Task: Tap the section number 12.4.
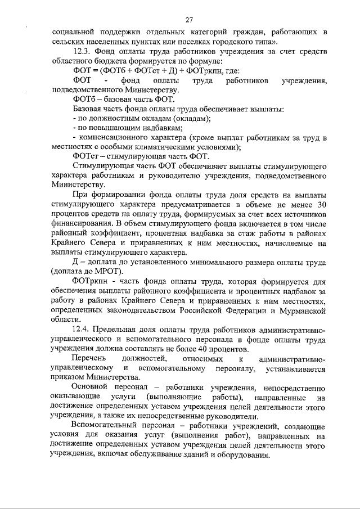(82, 328)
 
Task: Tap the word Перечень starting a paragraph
(92, 359)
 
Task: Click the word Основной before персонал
(93, 388)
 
